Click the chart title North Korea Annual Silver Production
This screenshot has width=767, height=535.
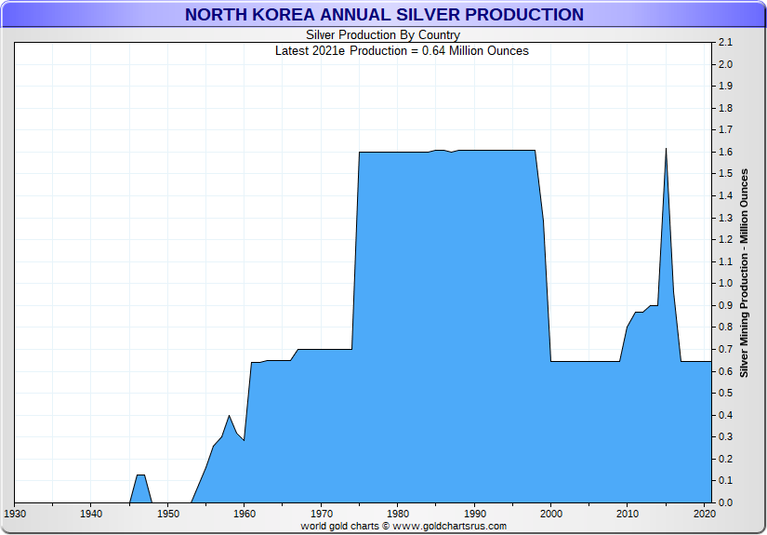click(384, 15)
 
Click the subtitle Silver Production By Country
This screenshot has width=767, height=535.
click(383, 35)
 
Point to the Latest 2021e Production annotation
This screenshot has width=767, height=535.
click(402, 50)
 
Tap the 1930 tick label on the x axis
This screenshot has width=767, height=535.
click(14, 514)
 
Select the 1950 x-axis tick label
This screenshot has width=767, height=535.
click(167, 514)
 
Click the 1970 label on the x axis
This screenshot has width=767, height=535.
click(321, 514)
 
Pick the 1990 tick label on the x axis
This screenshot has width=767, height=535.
click(474, 514)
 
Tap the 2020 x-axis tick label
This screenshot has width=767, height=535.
click(704, 514)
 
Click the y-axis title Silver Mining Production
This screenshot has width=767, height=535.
click(745, 273)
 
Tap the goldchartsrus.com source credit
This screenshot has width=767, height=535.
click(403, 526)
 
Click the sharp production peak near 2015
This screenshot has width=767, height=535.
click(666, 149)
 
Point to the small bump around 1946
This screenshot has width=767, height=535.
click(140, 475)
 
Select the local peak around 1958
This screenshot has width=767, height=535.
click(229, 416)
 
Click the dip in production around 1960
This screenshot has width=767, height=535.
click(244, 440)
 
